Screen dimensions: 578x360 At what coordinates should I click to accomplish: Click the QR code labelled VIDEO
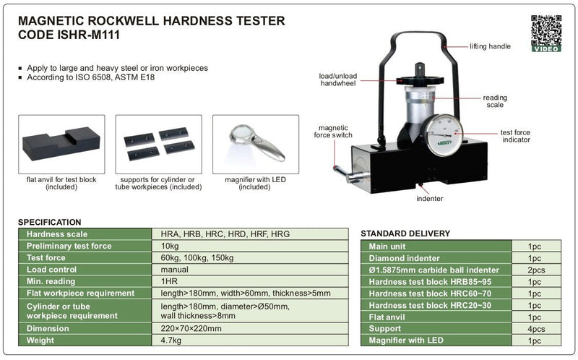coord(546,33)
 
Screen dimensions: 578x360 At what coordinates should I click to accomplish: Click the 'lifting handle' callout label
coord(490,46)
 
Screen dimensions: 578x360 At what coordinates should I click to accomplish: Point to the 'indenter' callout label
coord(429,199)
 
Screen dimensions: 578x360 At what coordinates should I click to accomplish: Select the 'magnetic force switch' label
coord(333,132)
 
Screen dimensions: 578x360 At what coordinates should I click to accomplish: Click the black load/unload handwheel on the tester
coord(420,80)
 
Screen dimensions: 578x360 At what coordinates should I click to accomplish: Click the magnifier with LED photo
coord(256,145)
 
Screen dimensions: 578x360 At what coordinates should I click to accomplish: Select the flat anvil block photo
coord(61,145)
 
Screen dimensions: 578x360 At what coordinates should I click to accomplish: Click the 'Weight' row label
coord(40,340)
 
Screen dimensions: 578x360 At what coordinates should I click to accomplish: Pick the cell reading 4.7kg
coord(171,340)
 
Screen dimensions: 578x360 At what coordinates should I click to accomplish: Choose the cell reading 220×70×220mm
coord(191,328)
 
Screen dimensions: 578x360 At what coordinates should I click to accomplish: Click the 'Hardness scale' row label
coord(57,233)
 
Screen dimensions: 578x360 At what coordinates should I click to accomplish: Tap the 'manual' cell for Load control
coord(174,269)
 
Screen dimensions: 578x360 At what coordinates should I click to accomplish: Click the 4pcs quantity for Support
coord(536,329)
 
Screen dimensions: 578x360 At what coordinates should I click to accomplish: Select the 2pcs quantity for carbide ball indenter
coord(536,270)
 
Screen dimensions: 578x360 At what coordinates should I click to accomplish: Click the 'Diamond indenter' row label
coord(405,258)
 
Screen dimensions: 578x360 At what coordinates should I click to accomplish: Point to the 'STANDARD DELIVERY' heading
coord(405,233)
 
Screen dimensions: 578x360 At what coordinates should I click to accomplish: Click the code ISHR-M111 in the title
coord(88,35)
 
